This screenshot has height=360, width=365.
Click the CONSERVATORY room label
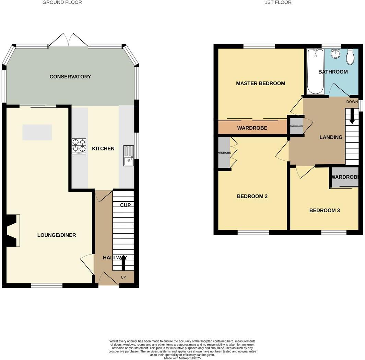[x=70, y=77]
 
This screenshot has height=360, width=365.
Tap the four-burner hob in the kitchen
[x=79, y=146]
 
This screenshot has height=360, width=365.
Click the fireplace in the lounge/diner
[x=14, y=230]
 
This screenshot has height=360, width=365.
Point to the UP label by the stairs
[x=123, y=277]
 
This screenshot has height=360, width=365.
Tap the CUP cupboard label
[x=125, y=205]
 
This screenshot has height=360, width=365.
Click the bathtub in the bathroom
[x=315, y=71]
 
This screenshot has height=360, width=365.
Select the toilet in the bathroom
[x=350, y=56]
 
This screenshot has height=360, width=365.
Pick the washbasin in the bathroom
[x=335, y=54]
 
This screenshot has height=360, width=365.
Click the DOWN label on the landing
[x=352, y=102]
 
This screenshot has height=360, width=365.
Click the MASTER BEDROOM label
[x=260, y=83]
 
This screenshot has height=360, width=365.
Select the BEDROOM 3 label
[x=325, y=210]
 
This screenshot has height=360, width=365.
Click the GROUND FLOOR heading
[x=62, y=2]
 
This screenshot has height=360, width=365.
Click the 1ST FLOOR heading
[x=278, y=2]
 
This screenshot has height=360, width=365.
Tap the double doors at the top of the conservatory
[x=68, y=40]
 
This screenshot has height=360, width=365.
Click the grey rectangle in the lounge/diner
[x=37, y=133]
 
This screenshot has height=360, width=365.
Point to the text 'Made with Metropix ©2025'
[x=182, y=358]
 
